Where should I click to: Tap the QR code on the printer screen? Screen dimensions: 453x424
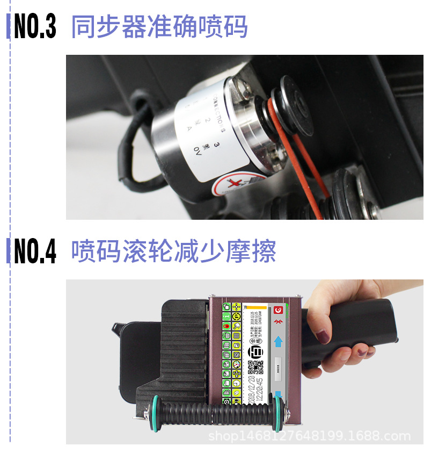point(256,367)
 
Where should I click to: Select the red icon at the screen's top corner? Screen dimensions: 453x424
point(278,310)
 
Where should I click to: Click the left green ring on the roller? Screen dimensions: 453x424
point(156,415)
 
